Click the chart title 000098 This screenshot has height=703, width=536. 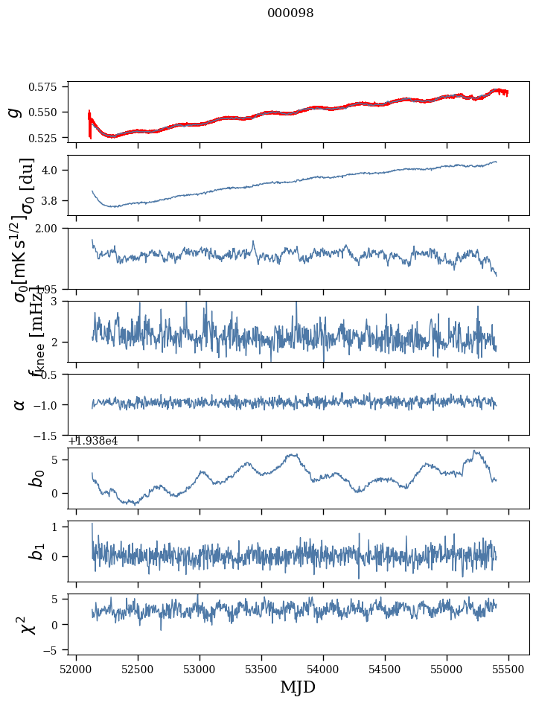(x=290, y=13)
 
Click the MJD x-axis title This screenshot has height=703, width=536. (x=298, y=687)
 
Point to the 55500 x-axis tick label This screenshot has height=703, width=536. (x=509, y=669)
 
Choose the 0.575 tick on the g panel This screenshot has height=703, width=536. (x=48, y=87)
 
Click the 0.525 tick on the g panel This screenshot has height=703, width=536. (x=48, y=138)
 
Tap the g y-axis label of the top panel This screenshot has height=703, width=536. (x=13, y=112)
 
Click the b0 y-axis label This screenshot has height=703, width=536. (x=36, y=477)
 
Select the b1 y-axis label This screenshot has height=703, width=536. (x=36, y=551)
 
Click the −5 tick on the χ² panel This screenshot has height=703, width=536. (x=55, y=651)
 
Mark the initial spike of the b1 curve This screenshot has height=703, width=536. (x=92, y=524)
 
